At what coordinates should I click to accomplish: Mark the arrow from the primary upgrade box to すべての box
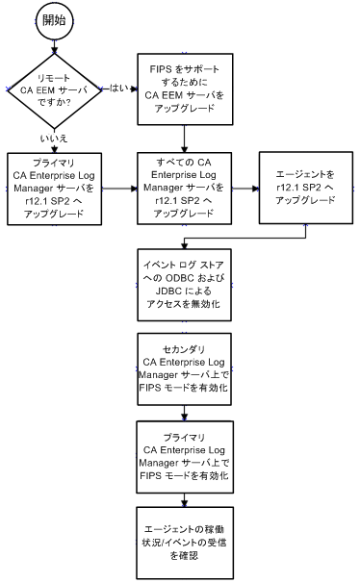click(116, 188)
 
